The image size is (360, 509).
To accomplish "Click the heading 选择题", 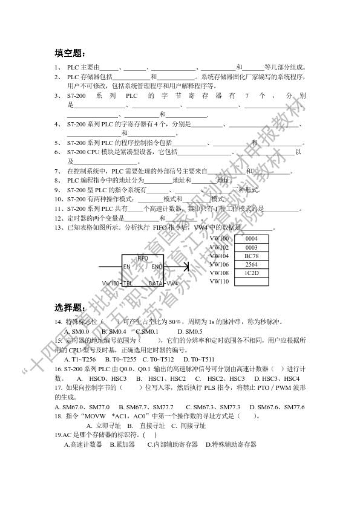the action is click(x=70, y=306).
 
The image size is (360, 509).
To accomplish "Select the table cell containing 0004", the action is click(x=251, y=239).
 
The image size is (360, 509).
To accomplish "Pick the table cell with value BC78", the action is click(x=251, y=256).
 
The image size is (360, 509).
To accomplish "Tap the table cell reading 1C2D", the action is click(x=251, y=273).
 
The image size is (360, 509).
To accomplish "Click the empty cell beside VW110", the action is click(x=251, y=282).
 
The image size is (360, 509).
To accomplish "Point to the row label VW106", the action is click(x=220, y=265).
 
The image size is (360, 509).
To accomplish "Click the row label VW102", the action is click(x=220, y=248).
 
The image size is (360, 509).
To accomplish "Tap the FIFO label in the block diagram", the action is click(x=143, y=258).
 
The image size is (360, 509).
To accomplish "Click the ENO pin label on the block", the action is click(x=156, y=267).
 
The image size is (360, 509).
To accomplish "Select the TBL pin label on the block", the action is click(x=128, y=283).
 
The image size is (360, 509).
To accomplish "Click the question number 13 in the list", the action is click(x=59, y=227).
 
